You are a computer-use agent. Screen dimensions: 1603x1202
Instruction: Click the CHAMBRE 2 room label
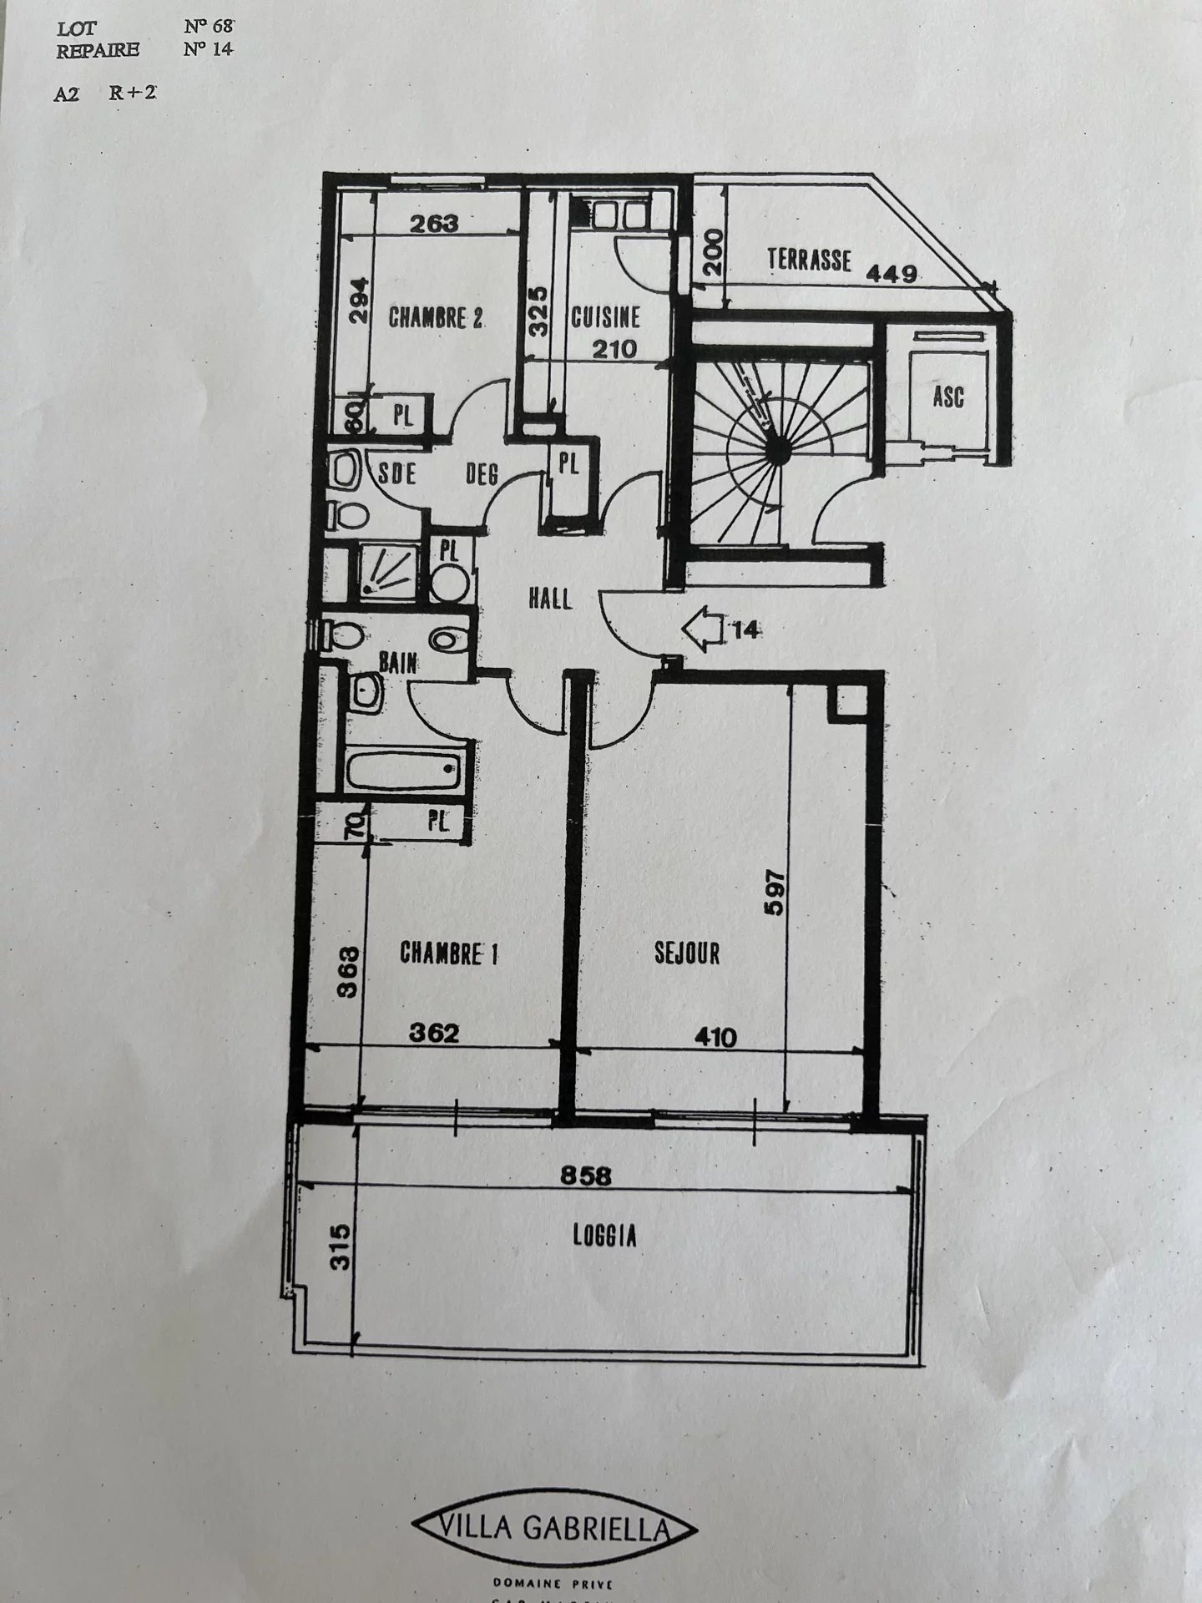pyautogui.click(x=436, y=318)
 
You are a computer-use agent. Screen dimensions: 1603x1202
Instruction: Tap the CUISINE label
pyautogui.click(x=606, y=317)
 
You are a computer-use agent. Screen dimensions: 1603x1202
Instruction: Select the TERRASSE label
pyautogui.click(x=809, y=260)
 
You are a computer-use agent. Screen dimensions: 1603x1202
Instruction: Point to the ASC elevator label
pyautogui.click(x=948, y=395)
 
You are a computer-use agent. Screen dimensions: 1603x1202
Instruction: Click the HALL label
pyautogui.click(x=550, y=598)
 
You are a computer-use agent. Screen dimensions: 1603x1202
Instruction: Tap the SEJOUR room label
pyautogui.click(x=687, y=953)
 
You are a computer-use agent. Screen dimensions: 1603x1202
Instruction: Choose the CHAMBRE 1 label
pyautogui.click(x=449, y=953)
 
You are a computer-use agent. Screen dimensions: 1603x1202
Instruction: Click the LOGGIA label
pyautogui.click(x=605, y=1236)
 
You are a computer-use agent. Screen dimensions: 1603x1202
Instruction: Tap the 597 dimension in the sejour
pyautogui.click(x=775, y=894)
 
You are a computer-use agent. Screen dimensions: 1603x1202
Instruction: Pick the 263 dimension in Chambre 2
pyautogui.click(x=435, y=223)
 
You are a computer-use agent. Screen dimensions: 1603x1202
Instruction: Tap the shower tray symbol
pyautogui.click(x=387, y=570)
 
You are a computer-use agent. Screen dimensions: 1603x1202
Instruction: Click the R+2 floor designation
pyautogui.click(x=132, y=94)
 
